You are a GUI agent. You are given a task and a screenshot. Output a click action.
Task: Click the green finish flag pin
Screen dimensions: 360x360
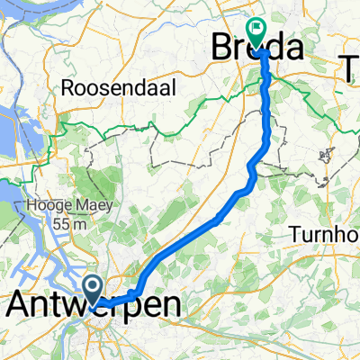click(258, 32)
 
